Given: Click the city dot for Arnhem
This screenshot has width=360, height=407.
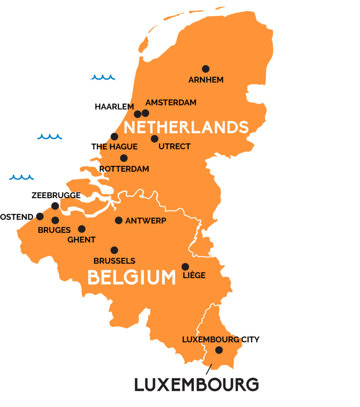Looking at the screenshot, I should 205,69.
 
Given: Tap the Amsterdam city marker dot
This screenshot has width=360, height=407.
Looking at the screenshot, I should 145,113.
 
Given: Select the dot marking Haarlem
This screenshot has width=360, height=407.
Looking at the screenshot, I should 137,114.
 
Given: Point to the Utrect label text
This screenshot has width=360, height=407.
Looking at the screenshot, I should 174,147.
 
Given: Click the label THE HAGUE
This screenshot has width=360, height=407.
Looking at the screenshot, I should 114,147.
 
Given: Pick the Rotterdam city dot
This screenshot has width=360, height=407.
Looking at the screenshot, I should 124,158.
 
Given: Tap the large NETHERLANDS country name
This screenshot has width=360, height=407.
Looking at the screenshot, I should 186,128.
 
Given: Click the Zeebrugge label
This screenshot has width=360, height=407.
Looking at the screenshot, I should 56,195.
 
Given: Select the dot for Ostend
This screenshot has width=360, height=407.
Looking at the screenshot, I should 40,216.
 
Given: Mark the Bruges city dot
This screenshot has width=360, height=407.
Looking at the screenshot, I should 55,220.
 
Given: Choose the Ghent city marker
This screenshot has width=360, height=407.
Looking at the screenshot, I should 81,229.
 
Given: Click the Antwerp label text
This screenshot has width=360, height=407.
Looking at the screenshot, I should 145,221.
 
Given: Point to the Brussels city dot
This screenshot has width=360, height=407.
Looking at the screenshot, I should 114,250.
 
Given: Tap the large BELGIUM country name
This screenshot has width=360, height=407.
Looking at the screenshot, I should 132,277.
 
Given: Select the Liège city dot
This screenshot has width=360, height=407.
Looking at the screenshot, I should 185,267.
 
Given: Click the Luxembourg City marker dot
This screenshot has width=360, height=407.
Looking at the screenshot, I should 219,350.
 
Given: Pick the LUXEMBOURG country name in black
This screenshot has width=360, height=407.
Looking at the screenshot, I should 196,385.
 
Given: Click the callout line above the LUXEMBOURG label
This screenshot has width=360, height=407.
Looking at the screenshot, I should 209,369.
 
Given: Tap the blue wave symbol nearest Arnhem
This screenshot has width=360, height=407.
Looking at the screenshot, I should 103,77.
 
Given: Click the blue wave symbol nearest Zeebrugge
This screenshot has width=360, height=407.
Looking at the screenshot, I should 22,177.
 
